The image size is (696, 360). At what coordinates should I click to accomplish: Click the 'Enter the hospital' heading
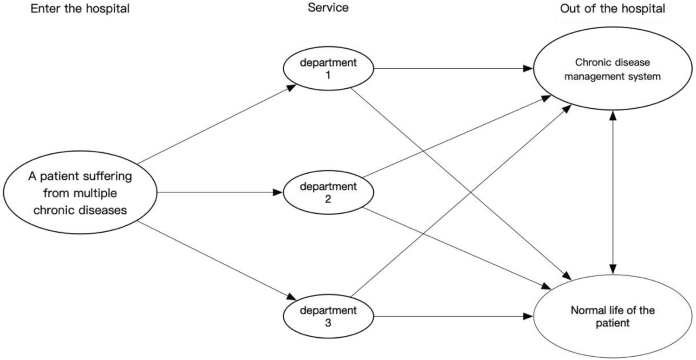79,8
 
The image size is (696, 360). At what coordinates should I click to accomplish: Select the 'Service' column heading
328,8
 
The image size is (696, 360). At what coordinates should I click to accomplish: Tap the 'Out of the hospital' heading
612,8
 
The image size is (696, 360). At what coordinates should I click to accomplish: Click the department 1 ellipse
329,68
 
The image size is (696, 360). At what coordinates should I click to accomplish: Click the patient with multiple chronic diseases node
80,193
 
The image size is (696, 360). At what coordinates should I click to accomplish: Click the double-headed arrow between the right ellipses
614,192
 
